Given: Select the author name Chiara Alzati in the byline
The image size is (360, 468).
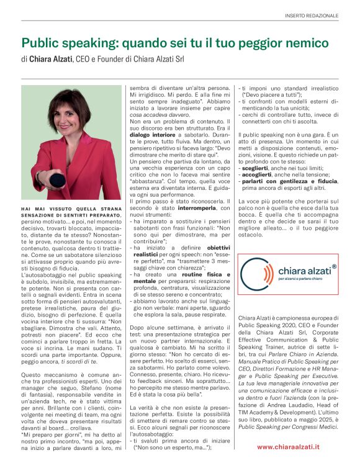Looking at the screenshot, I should pos(52,60).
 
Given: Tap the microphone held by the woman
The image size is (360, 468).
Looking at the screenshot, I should pos(56,180).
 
